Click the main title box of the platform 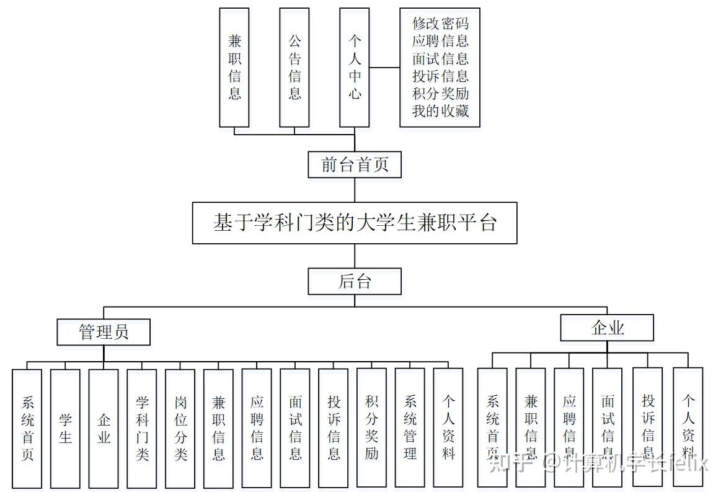354,223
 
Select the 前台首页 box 354,165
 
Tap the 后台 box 354,282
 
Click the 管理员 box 104,332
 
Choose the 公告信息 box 294,67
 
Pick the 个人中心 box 355,67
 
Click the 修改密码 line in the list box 440,24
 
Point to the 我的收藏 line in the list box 440,111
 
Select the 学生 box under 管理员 65,428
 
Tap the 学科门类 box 142,428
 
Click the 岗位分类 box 180,428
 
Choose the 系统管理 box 410,428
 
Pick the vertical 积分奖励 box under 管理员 371,428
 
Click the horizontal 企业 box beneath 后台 607,328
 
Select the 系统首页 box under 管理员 27,428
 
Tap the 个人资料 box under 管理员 448,428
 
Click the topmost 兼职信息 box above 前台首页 234,67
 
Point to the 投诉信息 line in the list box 440,76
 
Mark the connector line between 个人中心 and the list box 384,67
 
